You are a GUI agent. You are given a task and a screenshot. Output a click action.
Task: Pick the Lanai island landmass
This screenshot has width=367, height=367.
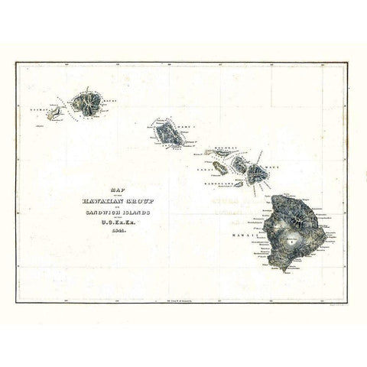coord(220,167)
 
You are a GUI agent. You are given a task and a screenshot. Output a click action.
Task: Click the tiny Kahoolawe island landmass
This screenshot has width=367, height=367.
coord(239,183)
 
